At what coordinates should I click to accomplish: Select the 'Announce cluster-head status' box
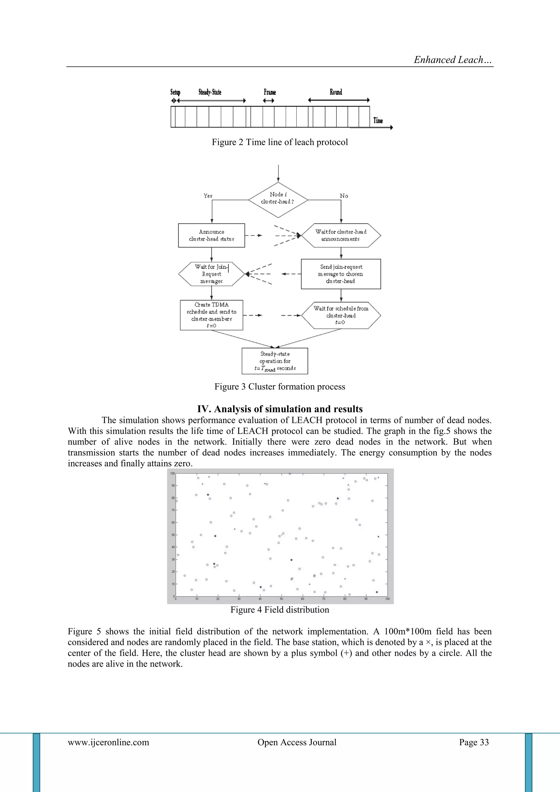point(211,235)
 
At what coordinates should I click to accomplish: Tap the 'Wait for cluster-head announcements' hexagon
point(341,235)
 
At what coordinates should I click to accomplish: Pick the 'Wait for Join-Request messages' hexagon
point(211,274)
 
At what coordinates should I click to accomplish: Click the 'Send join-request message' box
point(341,274)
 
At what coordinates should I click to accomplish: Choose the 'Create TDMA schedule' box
point(211,315)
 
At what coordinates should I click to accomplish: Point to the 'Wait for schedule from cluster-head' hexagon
point(341,315)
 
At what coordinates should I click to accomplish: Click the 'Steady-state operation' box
point(275,361)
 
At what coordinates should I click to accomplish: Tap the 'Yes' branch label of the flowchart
point(208,196)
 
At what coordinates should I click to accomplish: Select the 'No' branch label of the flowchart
point(344,196)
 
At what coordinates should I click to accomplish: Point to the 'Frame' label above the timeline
point(270,92)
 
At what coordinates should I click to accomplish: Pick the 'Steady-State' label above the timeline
point(210,92)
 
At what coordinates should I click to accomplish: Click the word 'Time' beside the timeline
point(378,120)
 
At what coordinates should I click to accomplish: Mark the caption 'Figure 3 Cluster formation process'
point(280,386)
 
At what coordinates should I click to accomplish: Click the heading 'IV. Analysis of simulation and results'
point(280,409)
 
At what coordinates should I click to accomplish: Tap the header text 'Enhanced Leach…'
point(453,60)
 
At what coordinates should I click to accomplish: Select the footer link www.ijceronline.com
point(108,742)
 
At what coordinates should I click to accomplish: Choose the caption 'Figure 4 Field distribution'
point(280,610)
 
